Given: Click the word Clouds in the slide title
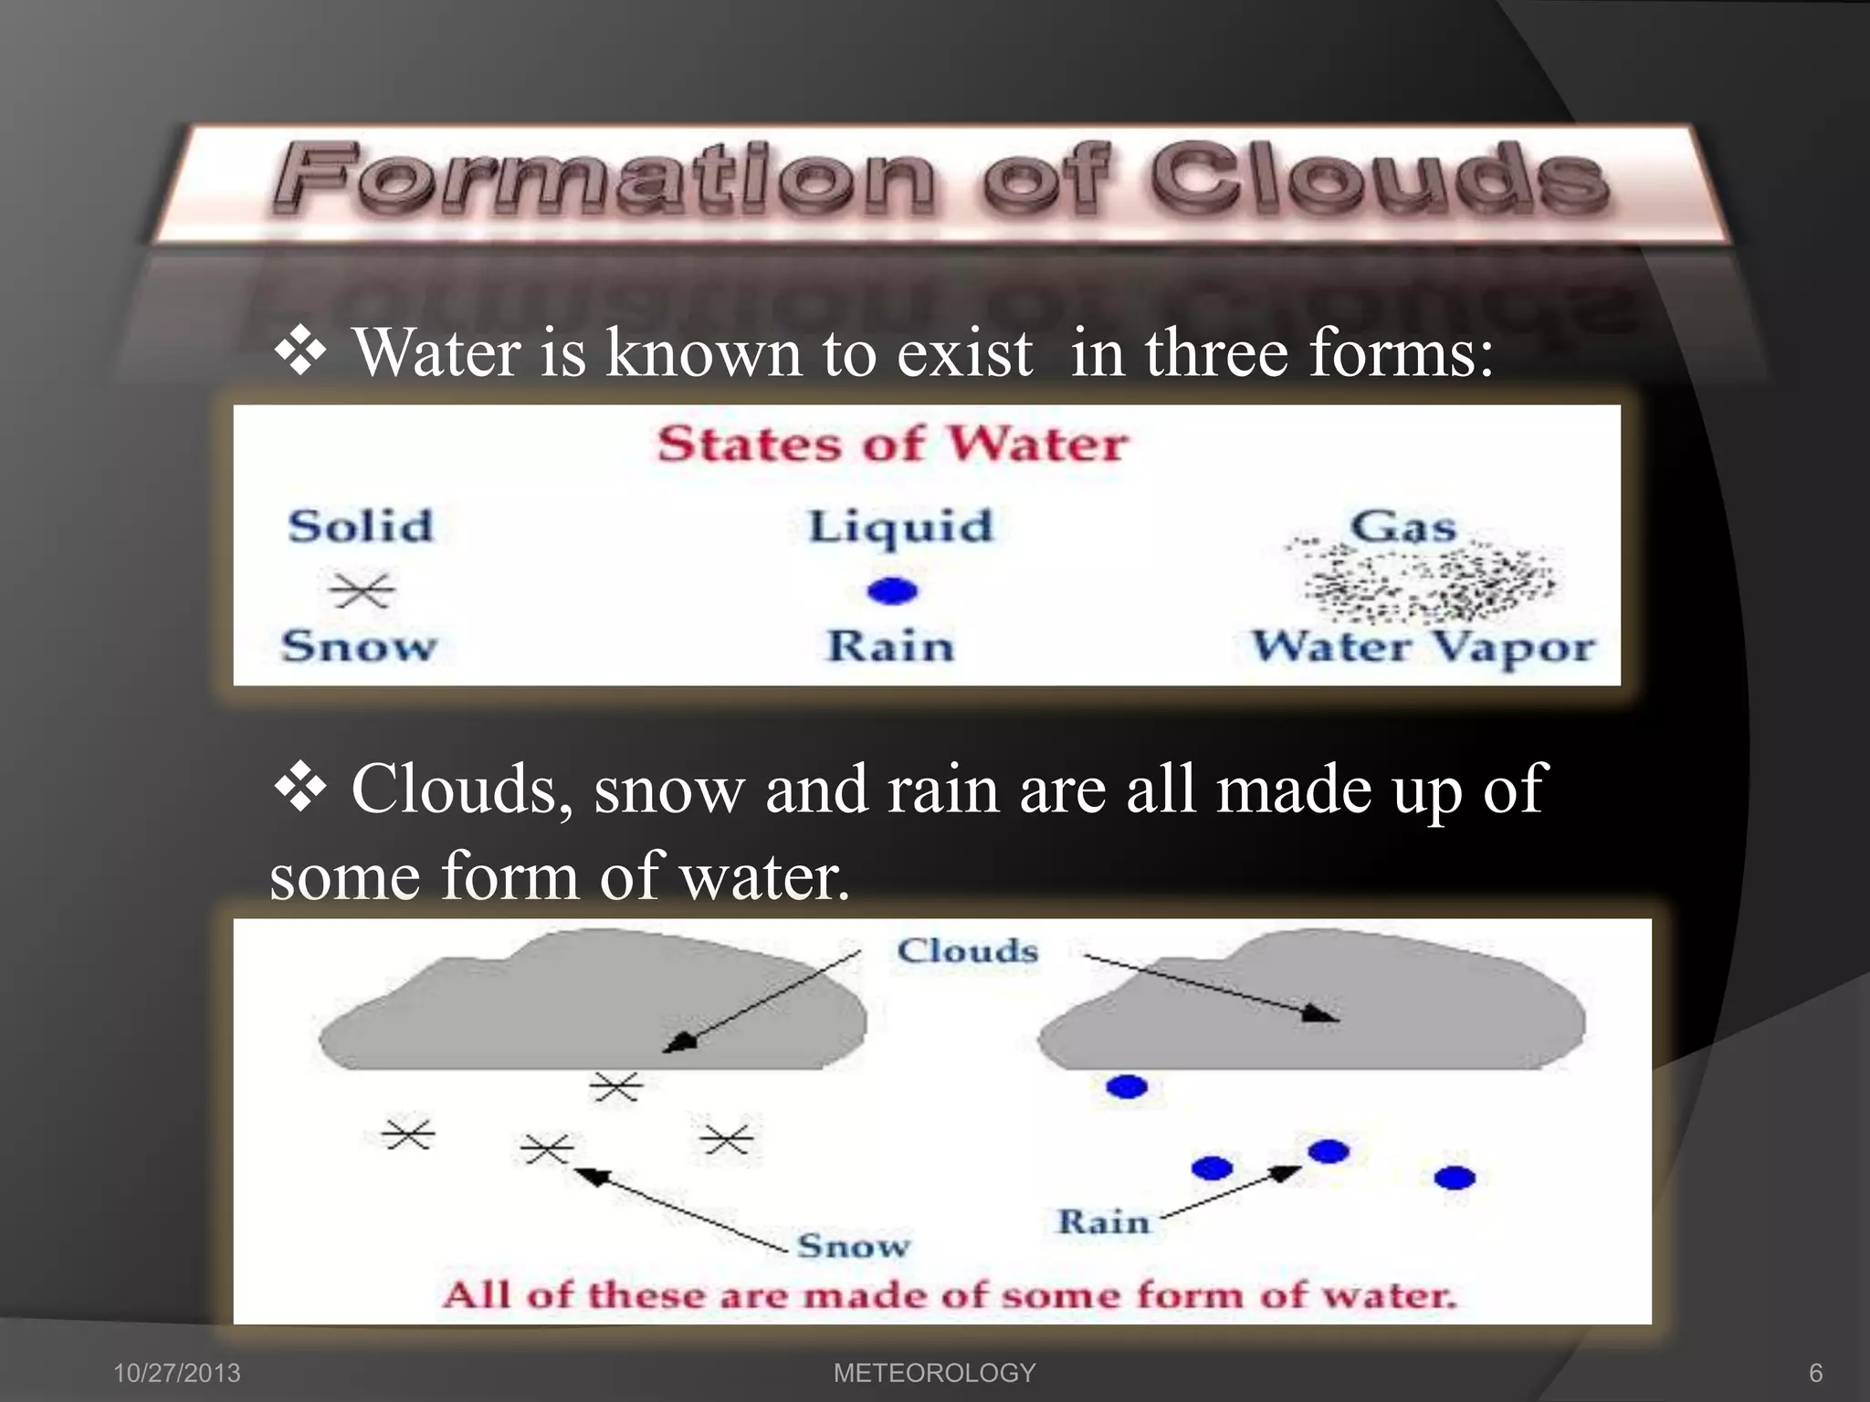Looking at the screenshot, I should click(1379, 179).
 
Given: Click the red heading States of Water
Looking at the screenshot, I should click(892, 445).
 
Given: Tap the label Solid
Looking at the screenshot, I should click(360, 526).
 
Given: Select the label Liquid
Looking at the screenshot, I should click(900, 528).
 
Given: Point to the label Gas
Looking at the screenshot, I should click(1402, 526).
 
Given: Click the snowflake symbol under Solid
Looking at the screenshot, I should click(362, 591).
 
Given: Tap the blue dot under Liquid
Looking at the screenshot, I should click(892, 591).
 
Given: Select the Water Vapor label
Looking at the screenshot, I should click(1423, 647).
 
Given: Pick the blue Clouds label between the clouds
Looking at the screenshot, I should click(967, 951).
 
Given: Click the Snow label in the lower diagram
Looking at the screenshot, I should click(853, 1245).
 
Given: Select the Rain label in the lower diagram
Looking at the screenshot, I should click(1103, 1221).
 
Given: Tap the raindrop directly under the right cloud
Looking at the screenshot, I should click(1126, 1086).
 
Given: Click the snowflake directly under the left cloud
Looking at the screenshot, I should click(616, 1086).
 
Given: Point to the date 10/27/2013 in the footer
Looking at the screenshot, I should click(177, 1373).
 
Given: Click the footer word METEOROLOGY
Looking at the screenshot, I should click(934, 1373).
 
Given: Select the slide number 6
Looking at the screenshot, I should click(1815, 1373).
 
